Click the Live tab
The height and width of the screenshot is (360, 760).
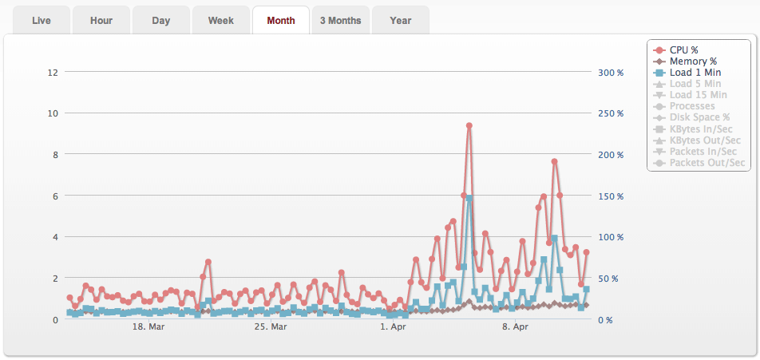pos(42,21)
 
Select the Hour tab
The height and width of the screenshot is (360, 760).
pos(101,21)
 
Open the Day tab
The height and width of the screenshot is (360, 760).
pos(161,21)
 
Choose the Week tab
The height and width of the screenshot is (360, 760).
pos(221,21)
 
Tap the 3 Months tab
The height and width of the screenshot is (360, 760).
pos(340,21)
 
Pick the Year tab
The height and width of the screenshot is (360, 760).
pos(401,21)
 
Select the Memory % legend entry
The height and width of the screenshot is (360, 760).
pos(693,61)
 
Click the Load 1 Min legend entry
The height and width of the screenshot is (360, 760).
pos(695,73)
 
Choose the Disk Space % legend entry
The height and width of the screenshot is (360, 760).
pos(699,117)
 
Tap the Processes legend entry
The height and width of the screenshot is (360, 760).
pos(692,106)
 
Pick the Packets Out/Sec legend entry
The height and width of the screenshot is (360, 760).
pos(707,163)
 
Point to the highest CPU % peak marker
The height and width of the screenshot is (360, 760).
pos(469,125)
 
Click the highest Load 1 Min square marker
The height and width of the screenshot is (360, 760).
pos(469,198)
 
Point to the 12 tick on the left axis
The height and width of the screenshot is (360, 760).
pos(53,73)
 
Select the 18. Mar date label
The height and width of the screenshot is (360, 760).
pos(148,327)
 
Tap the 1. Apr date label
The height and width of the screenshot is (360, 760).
pos(394,327)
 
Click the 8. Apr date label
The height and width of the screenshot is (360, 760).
pos(516,327)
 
